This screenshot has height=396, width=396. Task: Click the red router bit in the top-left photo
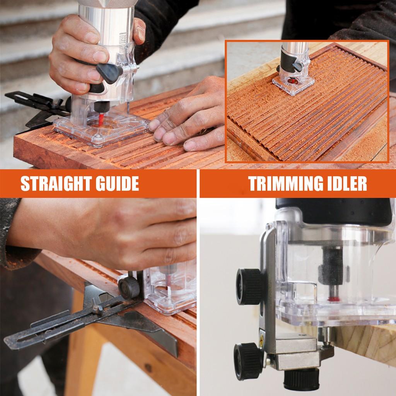(x=102, y=118)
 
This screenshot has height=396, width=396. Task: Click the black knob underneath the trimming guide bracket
(x=301, y=381)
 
